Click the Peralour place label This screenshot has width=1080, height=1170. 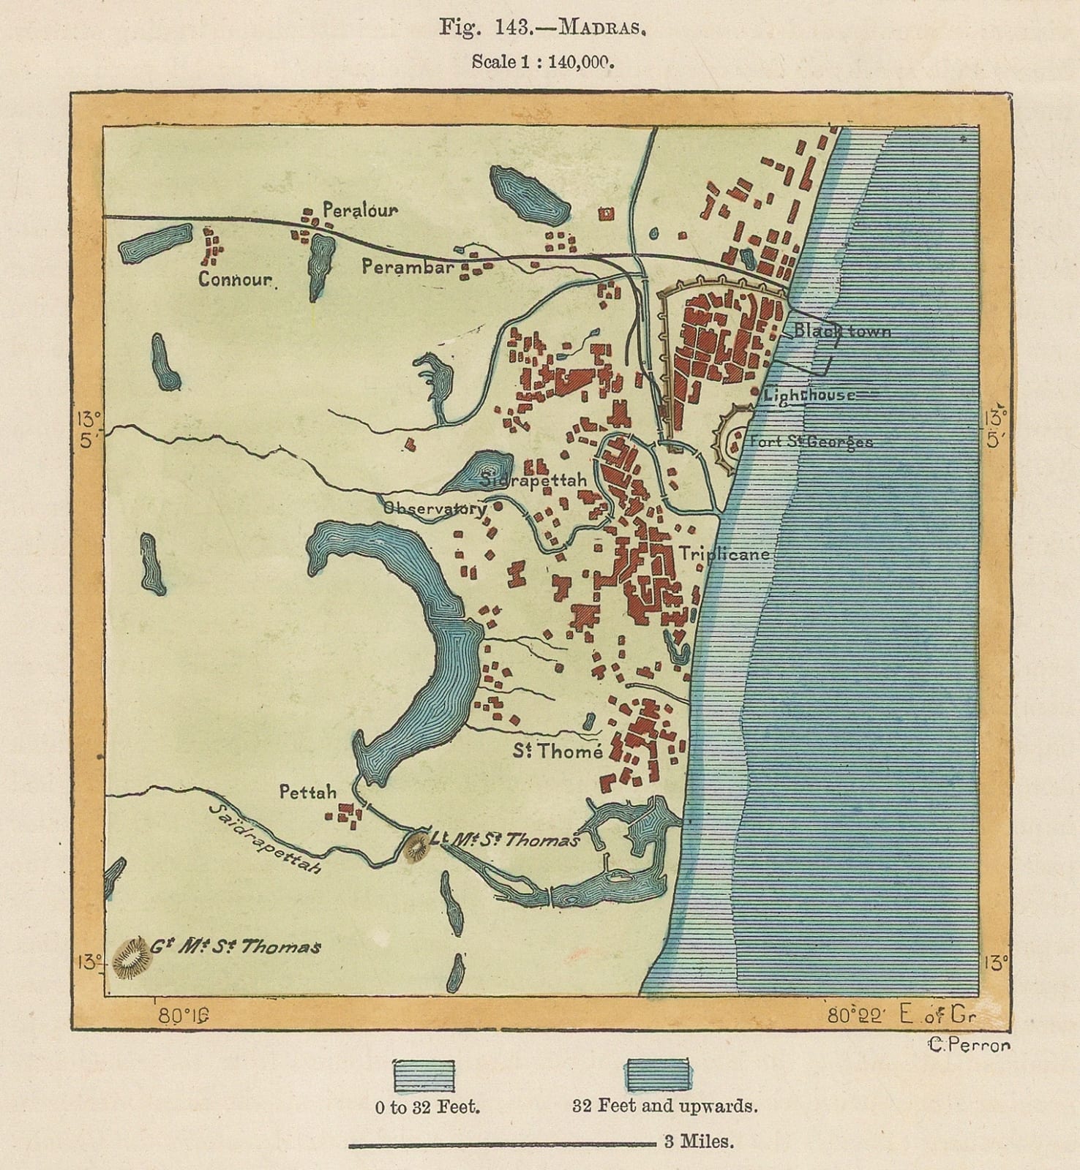(x=360, y=211)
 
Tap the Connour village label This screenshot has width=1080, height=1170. (x=236, y=279)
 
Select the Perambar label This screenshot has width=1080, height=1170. (x=408, y=267)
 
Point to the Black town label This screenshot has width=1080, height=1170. (x=842, y=331)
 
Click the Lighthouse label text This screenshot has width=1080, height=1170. (x=809, y=396)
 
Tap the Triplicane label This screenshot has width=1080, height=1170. (x=724, y=554)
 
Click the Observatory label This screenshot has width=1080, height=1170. (x=435, y=507)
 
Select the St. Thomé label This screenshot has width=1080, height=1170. (x=558, y=751)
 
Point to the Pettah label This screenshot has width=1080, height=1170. (x=308, y=792)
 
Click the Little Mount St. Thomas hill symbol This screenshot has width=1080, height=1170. (x=418, y=847)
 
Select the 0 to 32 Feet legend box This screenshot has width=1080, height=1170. (x=424, y=1075)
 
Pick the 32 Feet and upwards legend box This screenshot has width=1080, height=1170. (x=658, y=1074)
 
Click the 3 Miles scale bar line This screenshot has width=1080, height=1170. (x=502, y=1144)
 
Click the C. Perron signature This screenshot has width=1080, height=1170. (x=969, y=1045)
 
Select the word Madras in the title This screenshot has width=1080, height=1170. (x=603, y=29)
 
